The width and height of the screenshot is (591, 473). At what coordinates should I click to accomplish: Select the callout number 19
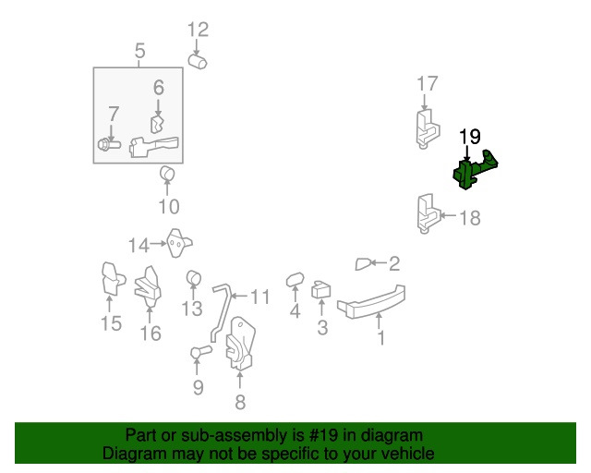470,137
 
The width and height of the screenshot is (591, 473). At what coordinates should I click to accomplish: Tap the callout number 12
199,30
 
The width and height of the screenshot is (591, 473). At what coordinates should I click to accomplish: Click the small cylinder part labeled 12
198,62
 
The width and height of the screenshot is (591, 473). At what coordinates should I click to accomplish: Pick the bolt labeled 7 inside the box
109,144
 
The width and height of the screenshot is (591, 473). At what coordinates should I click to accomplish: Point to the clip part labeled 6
158,125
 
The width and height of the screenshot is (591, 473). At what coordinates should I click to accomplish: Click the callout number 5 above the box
139,51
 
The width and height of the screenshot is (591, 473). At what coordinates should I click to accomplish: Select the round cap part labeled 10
167,174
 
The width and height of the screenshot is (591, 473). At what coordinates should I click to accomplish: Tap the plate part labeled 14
178,243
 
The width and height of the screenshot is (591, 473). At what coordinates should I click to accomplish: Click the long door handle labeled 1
371,302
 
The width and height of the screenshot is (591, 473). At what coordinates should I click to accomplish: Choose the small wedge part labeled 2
363,264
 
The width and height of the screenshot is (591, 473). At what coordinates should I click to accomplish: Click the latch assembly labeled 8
240,344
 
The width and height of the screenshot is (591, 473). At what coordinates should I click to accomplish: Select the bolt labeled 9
201,352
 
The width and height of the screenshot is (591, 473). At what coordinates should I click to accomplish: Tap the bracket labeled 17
428,128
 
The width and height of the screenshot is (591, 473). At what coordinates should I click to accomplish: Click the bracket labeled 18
428,213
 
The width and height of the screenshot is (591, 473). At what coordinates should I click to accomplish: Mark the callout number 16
151,334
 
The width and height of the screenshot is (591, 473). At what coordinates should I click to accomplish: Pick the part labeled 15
113,278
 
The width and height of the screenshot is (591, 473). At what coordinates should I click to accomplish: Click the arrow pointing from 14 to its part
158,244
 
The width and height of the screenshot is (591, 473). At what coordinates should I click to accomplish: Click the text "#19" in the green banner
323,435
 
